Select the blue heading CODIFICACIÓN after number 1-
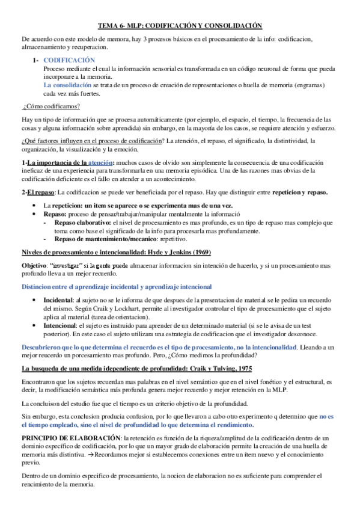click(70, 60)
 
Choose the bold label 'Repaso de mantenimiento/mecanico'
click(105, 238)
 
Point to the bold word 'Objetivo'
click(34, 264)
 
